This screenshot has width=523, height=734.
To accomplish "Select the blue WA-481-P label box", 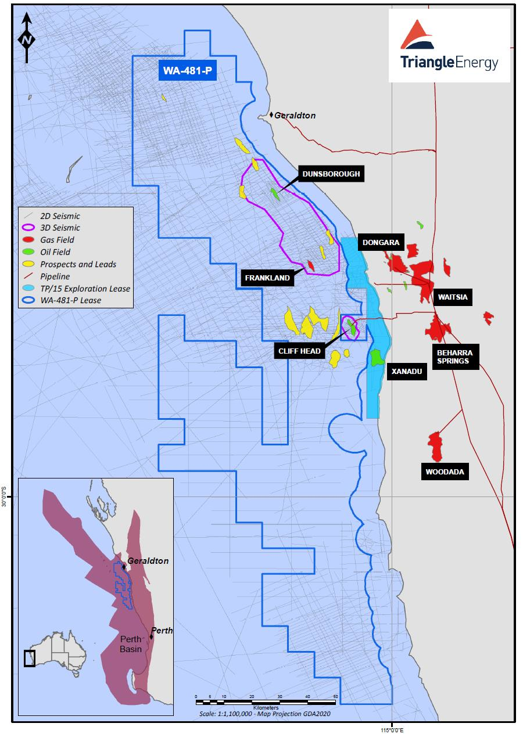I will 187,71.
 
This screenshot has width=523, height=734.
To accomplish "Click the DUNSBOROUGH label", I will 331,174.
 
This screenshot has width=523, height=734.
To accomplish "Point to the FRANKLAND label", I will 267,278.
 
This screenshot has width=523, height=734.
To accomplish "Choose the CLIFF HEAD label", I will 300,351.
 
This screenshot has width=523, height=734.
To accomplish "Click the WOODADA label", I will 445,472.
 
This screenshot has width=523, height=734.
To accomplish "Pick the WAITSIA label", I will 453,297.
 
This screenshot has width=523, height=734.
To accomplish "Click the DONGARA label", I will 381,243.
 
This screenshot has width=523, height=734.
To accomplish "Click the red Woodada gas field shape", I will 435,446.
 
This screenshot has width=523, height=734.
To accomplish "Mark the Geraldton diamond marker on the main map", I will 271,115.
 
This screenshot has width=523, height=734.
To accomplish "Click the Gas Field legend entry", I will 57,240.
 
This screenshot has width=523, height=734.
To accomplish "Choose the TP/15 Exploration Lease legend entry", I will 85,289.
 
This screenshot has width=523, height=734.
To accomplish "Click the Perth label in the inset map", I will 162,631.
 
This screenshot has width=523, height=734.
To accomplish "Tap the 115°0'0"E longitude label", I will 392,729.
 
